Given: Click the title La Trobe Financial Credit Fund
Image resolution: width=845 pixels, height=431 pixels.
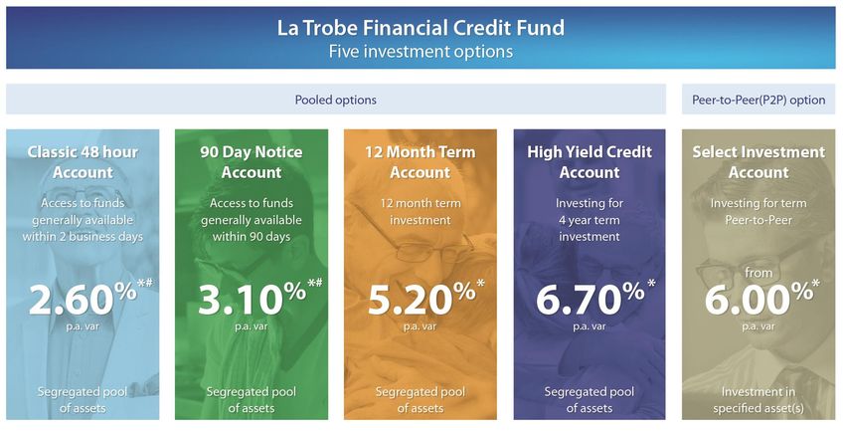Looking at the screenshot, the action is pyautogui.click(x=421, y=28).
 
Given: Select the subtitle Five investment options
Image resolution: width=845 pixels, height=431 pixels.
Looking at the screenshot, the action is pyautogui.click(x=421, y=52).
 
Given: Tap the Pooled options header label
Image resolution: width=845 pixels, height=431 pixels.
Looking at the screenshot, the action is pyautogui.click(x=336, y=100).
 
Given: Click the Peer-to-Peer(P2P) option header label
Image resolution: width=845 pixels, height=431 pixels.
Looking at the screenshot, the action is pyautogui.click(x=759, y=100).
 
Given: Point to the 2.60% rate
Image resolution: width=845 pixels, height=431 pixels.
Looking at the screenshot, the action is pyautogui.click(x=83, y=299).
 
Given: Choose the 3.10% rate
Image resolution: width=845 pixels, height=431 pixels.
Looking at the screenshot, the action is pyautogui.click(x=252, y=299).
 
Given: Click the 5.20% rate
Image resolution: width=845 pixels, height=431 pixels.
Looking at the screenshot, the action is pyautogui.click(x=422, y=299).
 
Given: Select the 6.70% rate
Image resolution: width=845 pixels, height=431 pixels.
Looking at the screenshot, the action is pyautogui.click(x=591, y=299).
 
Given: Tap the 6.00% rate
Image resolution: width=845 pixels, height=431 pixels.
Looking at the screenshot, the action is pyautogui.click(x=759, y=299).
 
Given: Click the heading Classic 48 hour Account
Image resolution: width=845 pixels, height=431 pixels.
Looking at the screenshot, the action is pyautogui.click(x=83, y=162).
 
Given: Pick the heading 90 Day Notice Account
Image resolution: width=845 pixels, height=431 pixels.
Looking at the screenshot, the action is pyautogui.click(x=252, y=162).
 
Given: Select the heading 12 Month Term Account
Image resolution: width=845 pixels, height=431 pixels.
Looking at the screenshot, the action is pyautogui.click(x=421, y=162).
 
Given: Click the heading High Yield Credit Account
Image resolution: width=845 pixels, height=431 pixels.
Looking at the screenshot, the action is pyautogui.click(x=590, y=162).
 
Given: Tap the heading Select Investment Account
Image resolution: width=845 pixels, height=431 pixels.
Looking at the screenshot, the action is pyautogui.click(x=759, y=162).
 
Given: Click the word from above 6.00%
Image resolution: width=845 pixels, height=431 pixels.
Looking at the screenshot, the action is pyautogui.click(x=759, y=273).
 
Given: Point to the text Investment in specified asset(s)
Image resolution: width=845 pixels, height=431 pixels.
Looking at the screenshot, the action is pyautogui.click(x=759, y=400).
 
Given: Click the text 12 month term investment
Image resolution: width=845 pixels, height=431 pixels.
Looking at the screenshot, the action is pyautogui.click(x=421, y=211).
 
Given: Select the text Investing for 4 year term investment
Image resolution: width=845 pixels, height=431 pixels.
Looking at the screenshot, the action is pyautogui.click(x=590, y=220).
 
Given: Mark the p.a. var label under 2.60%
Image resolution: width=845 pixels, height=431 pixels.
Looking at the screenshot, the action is pyautogui.click(x=83, y=325).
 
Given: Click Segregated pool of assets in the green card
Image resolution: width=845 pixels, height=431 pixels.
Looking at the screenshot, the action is pyautogui.click(x=252, y=400).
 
